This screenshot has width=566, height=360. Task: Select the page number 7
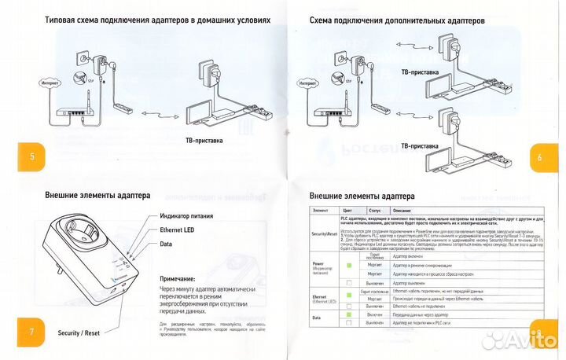(31, 331)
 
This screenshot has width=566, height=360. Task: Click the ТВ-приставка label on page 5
(203, 141)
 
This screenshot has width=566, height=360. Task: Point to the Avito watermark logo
(519, 340)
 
